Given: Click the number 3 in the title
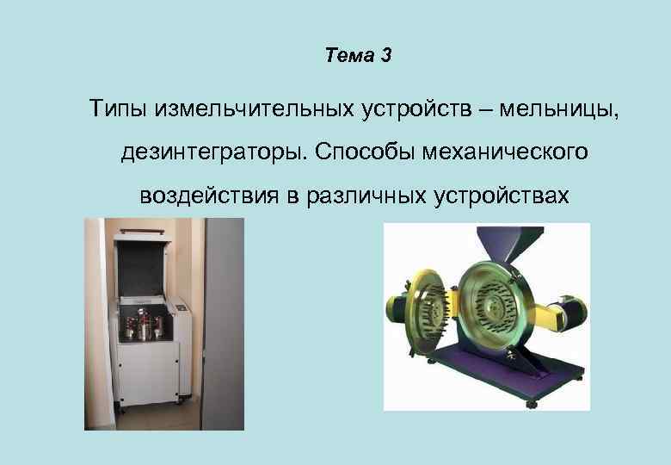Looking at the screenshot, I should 385,57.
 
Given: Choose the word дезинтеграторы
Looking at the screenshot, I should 214,152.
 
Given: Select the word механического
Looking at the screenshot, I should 507,152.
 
